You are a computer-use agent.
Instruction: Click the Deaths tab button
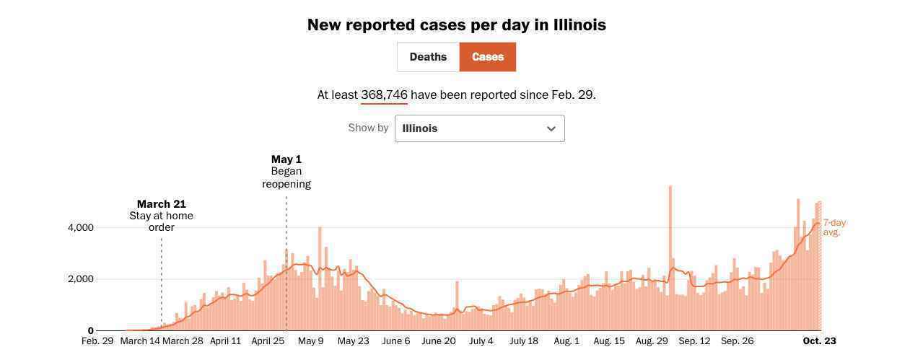pos(428,57)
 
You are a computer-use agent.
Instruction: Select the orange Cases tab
pos(488,57)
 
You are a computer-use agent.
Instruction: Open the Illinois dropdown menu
pos(479,128)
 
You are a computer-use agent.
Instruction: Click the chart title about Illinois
pos(456,25)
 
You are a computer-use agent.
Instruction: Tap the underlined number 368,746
pos(384,95)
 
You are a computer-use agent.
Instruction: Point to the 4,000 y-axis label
pos(81,228)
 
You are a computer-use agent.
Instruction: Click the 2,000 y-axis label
pos(81,279)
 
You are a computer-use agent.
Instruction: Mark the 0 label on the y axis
pos(91,330)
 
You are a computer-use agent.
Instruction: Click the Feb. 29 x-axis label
pos(97,341)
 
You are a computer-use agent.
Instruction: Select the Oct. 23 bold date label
pos(819,341)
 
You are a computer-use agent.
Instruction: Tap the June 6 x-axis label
pos(396,341)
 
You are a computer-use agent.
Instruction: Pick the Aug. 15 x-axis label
pos(609,341)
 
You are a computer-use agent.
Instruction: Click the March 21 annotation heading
pos(162,204)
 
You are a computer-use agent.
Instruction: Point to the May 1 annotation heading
pos(286,159)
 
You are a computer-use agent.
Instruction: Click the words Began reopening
pos(286,177)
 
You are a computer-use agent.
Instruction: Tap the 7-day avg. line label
pos(833,227)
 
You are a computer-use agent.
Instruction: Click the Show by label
pos(368,128)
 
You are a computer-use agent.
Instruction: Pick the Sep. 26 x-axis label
pos(737,341)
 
